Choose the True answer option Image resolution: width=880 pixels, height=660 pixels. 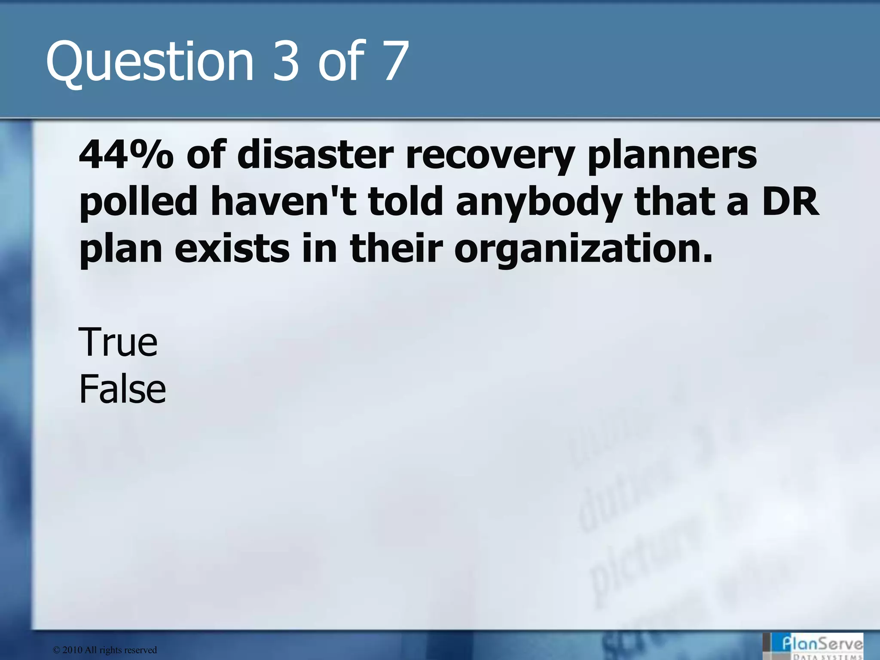[x=118, y=342]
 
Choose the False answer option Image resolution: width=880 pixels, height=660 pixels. [x=122, y=389]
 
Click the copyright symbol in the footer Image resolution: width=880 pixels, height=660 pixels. [x=56, y=650]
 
